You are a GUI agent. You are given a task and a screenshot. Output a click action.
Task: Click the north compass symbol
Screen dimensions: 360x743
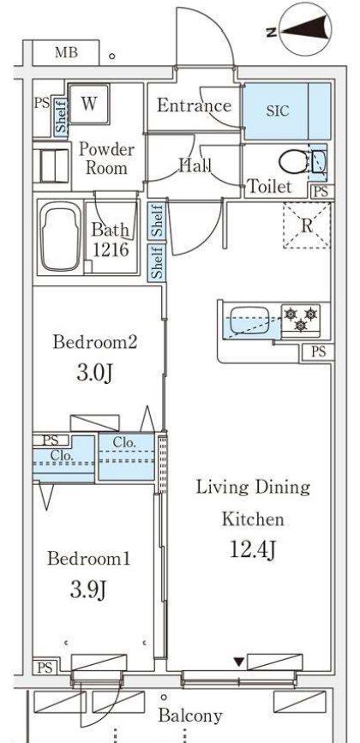303,28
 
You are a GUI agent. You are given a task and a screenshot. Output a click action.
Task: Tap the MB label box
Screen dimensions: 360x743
66,52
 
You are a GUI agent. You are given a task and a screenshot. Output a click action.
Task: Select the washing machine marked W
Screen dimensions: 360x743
89,104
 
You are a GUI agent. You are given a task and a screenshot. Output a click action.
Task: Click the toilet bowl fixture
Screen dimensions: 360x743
293,163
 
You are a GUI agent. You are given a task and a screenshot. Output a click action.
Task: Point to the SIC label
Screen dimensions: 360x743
277,111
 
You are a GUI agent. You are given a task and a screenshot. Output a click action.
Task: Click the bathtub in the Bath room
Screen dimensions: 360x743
60,237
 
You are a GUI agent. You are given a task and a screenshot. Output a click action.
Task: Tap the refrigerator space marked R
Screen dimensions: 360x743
307,225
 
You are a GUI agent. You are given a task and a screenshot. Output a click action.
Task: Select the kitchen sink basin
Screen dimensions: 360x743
249,320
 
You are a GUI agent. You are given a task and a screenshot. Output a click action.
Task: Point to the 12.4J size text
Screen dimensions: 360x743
253,549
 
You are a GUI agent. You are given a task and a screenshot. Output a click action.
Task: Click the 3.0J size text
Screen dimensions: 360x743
94,373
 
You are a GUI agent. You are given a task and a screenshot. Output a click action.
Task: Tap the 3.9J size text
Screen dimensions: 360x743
88,590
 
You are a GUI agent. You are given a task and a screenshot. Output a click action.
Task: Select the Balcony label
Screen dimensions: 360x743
190,716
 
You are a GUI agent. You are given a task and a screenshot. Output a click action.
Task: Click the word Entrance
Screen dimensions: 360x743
195,105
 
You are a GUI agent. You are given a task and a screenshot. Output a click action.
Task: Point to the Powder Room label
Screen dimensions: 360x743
106,159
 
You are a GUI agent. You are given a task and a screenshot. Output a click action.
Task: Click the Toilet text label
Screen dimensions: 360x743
269,186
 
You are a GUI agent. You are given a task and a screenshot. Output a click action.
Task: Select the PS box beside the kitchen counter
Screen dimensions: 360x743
319,351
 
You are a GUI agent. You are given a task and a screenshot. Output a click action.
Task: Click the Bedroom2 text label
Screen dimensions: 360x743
95,342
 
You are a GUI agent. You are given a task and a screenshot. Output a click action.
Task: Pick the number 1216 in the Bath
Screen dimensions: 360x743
111,249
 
